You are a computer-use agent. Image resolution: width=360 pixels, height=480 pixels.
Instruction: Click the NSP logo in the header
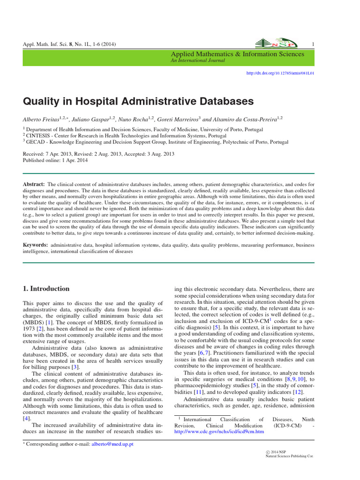pyautogui.click(x=276, y=43)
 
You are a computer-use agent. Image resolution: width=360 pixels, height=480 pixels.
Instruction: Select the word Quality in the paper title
pyautogui.click(x=42, y=101)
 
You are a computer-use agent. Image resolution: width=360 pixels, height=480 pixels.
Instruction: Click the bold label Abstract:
pyautogui.click(x=34, y=185)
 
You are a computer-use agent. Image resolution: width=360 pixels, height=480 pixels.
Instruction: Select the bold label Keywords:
pyautogui.click(x=36, y=245)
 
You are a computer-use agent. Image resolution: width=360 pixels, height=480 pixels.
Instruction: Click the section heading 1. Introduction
pyautogui.click(x=46, y=289)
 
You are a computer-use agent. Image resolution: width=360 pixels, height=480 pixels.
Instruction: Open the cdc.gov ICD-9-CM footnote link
pyautogui.click(x=219, y=431)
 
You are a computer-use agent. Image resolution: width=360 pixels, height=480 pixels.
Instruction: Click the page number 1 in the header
pyautogui.click(x=312, y=45)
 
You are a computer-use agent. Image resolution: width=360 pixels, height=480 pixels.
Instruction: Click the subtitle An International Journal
pyautogui.click(x=198, y=60)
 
